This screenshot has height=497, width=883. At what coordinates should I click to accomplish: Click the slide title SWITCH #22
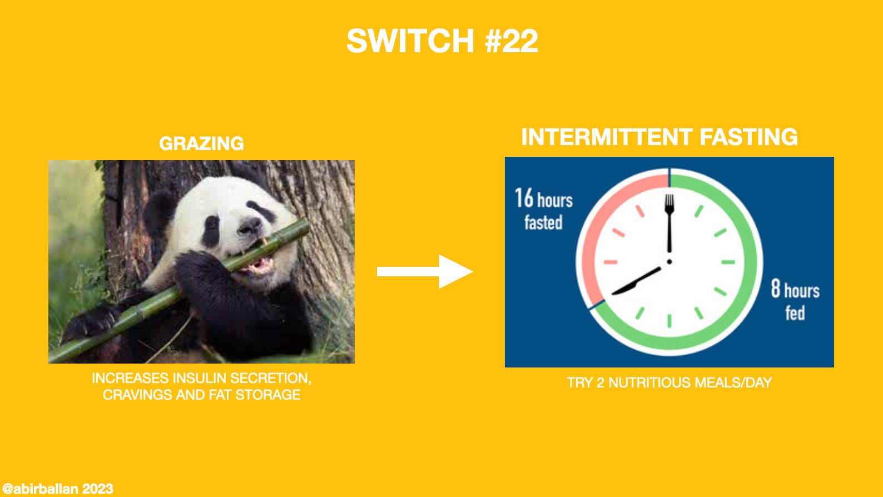(442, 41)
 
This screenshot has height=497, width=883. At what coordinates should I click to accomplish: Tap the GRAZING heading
(201, 143)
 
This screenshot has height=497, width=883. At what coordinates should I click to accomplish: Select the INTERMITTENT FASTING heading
(659, 137)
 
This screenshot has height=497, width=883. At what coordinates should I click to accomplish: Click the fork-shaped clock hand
(669, 222)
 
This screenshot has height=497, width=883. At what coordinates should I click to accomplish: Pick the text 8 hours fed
(795, 301)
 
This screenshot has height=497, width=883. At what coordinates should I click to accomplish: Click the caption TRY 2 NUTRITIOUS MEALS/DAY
(669, 382)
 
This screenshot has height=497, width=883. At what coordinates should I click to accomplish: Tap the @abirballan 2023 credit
(57, 489)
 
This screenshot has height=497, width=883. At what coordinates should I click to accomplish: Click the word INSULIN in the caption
(200, 379)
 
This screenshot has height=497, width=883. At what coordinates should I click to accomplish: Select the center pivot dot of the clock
(669, 261)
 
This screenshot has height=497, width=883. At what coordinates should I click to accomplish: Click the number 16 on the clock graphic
(524, 198)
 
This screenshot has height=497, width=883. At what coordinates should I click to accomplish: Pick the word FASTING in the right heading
(748, 137)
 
